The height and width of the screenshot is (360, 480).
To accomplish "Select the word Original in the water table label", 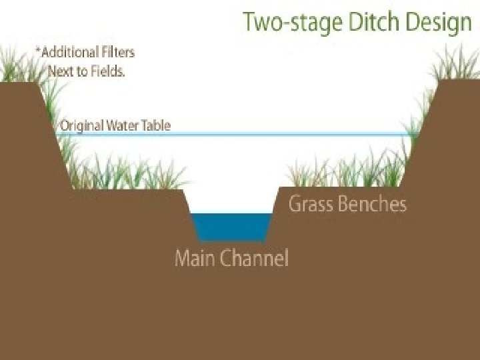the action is tap(83, 125).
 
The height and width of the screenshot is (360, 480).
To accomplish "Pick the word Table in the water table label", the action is tap(158, 125).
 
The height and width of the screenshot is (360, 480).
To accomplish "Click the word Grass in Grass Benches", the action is tap(311, 203).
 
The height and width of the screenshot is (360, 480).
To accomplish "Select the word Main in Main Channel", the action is tap(193, 257).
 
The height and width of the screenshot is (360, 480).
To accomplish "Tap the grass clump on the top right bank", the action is tap(460, 67).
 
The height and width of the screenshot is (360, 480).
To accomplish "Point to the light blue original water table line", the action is tap(267, 135).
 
